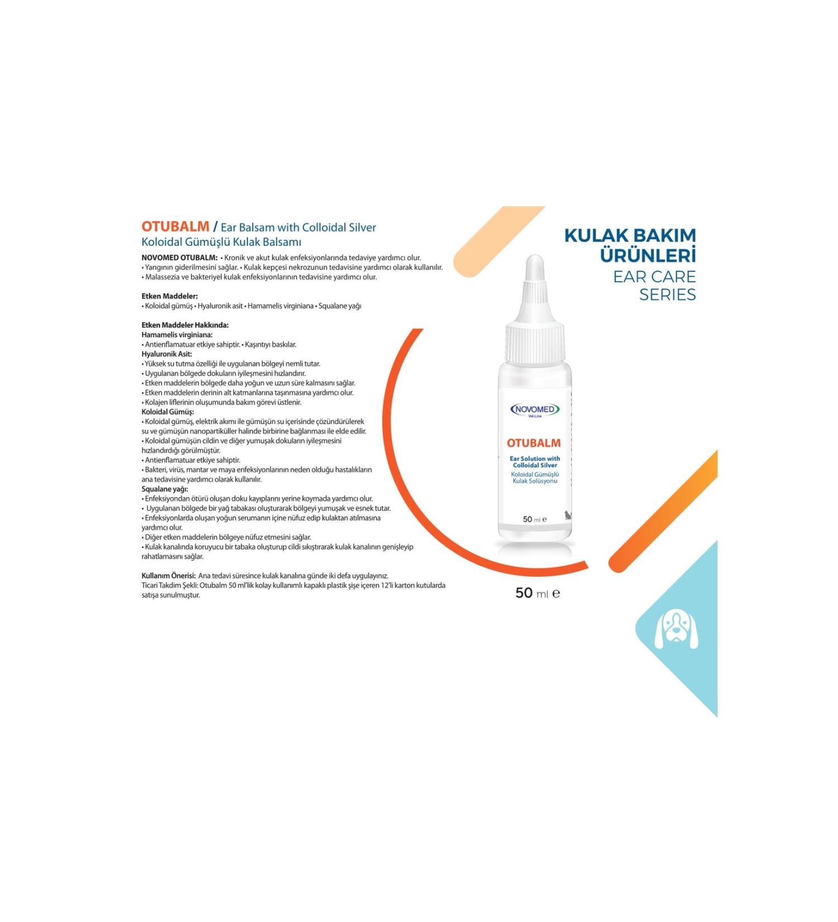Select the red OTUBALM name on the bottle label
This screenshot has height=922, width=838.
[x=534, y=443]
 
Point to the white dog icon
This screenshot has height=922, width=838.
[x=676, y=630]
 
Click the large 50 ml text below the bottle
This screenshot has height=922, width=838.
[x=537, y=593]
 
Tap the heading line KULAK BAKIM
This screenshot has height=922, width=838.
[x=630, y=236]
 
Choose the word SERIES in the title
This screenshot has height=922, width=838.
[x=667, y=294]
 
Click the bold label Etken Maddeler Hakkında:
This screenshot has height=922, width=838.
[x=185, y=325]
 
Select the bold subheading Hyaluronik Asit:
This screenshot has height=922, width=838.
[x=166, y=354]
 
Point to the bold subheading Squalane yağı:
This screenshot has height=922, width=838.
[x=165, y=489]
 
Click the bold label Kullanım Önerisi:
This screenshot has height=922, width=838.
[x=168, y=576]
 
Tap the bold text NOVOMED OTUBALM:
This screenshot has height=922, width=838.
[x=179, y=258]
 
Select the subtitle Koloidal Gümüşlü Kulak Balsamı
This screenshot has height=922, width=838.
[x=221, y=242]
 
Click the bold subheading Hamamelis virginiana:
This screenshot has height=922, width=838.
[x=177, y=335]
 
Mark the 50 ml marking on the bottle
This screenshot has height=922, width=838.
[x=534, y=519]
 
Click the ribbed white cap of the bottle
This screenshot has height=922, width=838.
[x=535, y=343]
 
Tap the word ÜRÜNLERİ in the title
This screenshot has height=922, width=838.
[x=647, y=256]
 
